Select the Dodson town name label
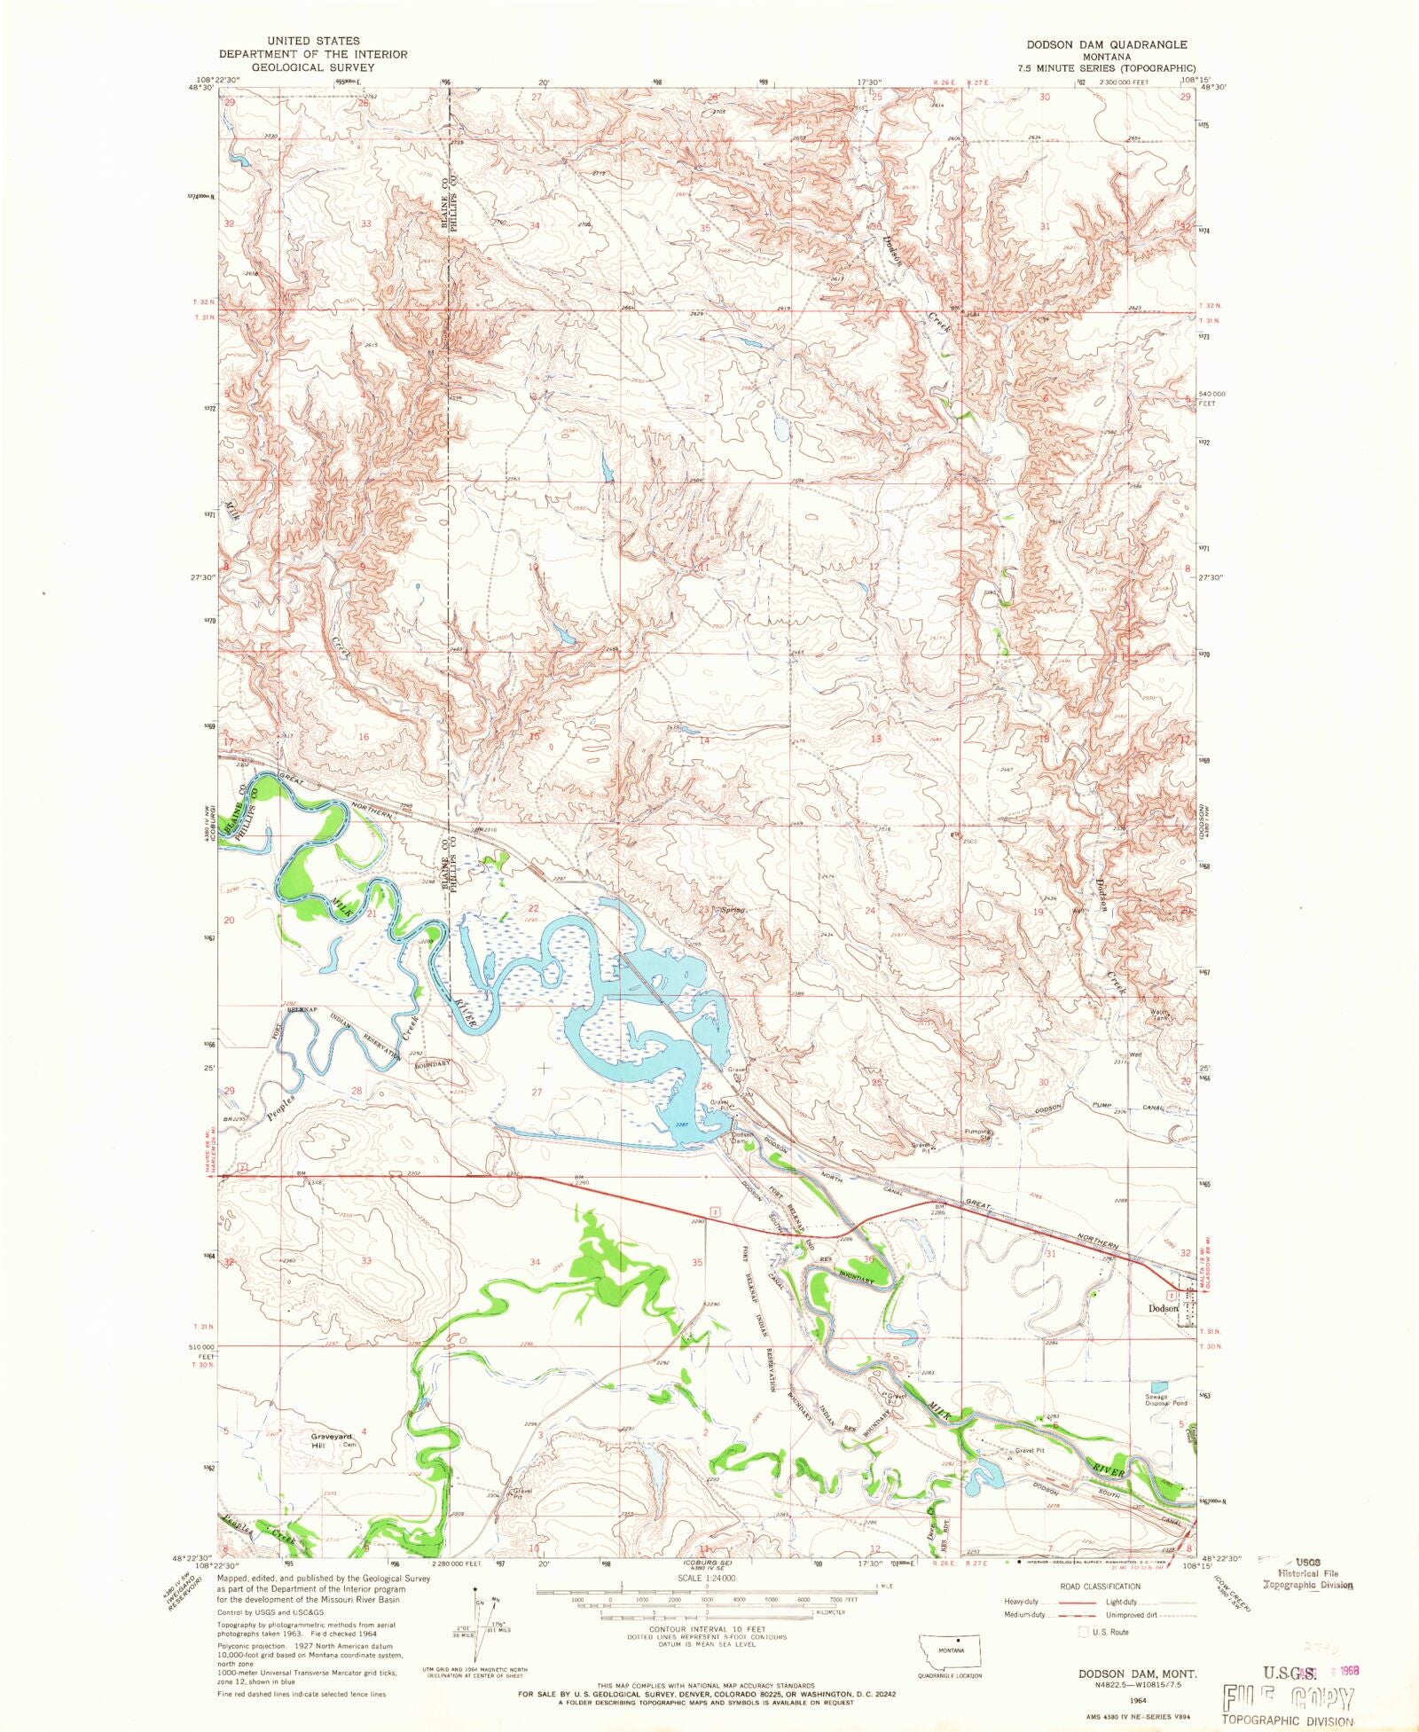1163,1308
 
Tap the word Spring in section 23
732,910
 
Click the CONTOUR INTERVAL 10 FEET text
707,1629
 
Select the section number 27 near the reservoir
537,1093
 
